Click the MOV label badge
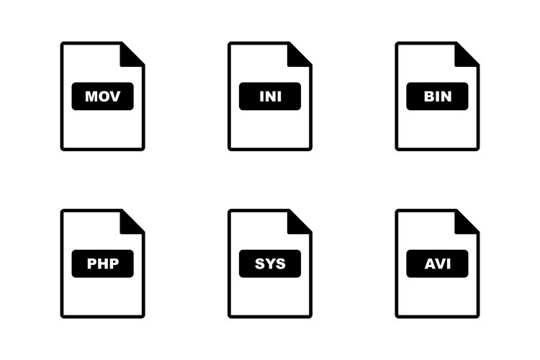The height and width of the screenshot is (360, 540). pos(103,96)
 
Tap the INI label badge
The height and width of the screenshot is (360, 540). pos(270,96)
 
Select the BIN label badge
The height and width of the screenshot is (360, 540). pos(437,96)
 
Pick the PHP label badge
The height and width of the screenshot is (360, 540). pos(103,264)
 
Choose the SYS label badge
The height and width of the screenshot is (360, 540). pos(270,264)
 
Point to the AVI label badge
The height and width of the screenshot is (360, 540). pos(437,264)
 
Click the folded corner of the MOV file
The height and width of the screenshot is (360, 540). pos(132,55)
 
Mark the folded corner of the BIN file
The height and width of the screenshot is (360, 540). pos(467,55)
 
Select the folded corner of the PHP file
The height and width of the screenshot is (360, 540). pos(132,222)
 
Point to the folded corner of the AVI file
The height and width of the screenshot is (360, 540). pos(467,222)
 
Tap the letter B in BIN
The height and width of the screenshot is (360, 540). pos(429,96)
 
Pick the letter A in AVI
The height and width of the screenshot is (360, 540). pos(430,264)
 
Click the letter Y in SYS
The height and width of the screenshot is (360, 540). pos(270,264)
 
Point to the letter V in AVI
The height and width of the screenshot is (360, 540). pos(441,264)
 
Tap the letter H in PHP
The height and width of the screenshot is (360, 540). pos(103,264)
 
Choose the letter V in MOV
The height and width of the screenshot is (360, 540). pos(114,96)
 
